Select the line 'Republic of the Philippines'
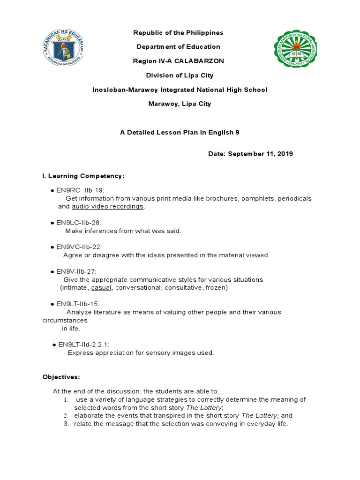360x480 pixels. tap(178, 33)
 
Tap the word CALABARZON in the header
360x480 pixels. tap(202, 61)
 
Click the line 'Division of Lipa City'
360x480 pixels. tap(178, 75)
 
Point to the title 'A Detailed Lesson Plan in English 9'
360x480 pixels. tap(180, 133)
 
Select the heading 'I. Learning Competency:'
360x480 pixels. tap(83, 176)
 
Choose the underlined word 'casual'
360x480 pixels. tap(102, 288)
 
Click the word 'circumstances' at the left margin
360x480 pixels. tap(65, 321)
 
